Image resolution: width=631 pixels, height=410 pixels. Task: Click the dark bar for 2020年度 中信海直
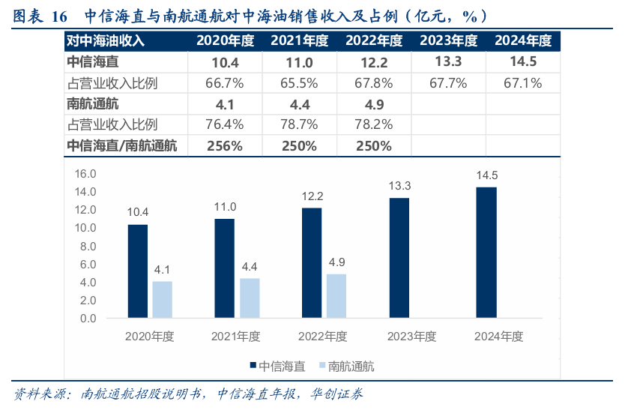137,271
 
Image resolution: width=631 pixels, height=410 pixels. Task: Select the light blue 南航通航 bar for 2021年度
250,298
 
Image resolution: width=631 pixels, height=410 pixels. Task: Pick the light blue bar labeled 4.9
336,296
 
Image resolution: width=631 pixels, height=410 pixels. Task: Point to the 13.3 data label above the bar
399,185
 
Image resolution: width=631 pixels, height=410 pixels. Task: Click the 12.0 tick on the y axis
86,210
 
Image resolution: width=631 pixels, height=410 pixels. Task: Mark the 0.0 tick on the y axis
86,319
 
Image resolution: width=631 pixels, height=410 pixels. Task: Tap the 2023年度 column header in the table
448,40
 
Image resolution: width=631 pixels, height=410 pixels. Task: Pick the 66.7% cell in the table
225,83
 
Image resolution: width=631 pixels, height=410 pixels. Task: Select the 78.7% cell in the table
299,124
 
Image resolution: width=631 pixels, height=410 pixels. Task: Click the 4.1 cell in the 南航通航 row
225,104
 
